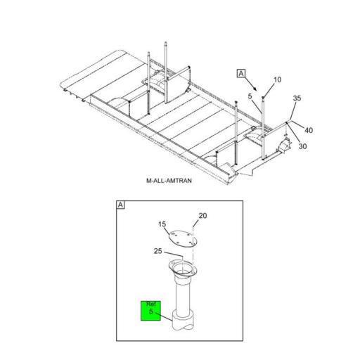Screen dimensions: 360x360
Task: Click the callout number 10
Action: tap(277, 79)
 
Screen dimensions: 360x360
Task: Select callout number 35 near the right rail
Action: tap(297, 98)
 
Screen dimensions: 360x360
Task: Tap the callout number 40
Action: tap(309, 129)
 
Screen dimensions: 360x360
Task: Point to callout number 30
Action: tap(303, 146)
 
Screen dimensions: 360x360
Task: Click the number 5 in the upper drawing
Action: tap(250, 96)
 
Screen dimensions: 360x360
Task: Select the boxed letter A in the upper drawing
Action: tap(241, 73)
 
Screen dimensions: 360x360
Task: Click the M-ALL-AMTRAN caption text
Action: tap(169, 181)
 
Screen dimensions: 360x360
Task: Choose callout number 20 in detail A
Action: tap(202, 216)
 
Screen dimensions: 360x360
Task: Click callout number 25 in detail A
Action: tap(158, 251)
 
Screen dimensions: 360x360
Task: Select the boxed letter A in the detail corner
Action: tap(121, 205)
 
